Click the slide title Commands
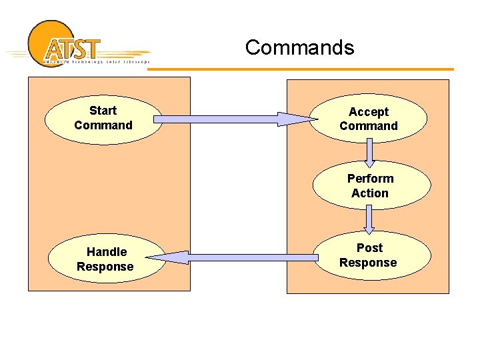pos(299,47)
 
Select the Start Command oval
pos(103,119)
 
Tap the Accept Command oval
pos(369,119)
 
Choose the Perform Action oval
pos(371,186)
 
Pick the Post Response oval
pos(369,255)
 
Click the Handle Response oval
pos(105,259)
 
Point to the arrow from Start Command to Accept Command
pos(220,119)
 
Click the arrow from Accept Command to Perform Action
pos(369,152)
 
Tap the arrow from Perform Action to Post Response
pos(369,219)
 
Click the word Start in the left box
pos(103,111)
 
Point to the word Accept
pos(369,112)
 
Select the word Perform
pos(371,179)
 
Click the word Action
pos(370,193)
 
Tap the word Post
pos(369,248)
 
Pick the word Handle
pos(107,252)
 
